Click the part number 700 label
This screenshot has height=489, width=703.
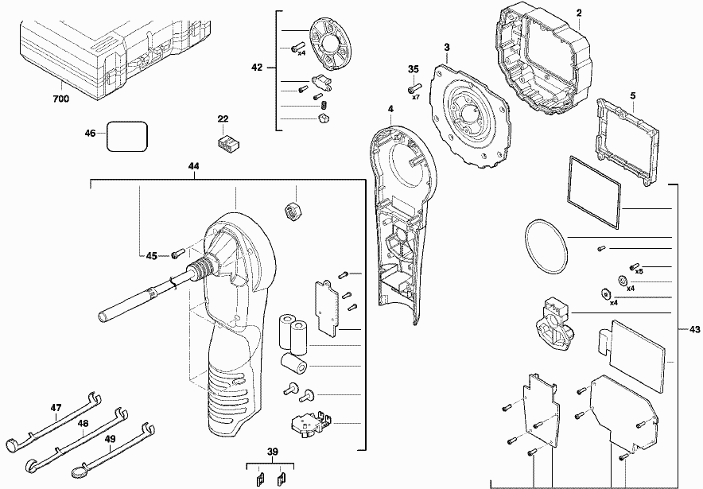(x=60, y=99)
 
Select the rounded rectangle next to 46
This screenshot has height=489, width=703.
(x=127, y=135)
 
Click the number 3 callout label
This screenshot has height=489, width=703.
(x=447, y=48)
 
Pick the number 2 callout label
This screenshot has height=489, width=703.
(x=579, y=14)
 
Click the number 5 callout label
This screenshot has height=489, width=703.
(x=632, y=96)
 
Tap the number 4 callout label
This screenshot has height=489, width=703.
(x=391, y=109)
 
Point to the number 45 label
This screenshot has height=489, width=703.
(x=151, y=255)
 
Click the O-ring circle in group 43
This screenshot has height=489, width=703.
(x=546, y=244)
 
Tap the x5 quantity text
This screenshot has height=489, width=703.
(x=639, y=271)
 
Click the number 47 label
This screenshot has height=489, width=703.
(x=56, y=408)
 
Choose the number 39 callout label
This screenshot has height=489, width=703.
(x=272, y=452)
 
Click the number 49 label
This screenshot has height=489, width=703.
(x=110, y=438)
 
